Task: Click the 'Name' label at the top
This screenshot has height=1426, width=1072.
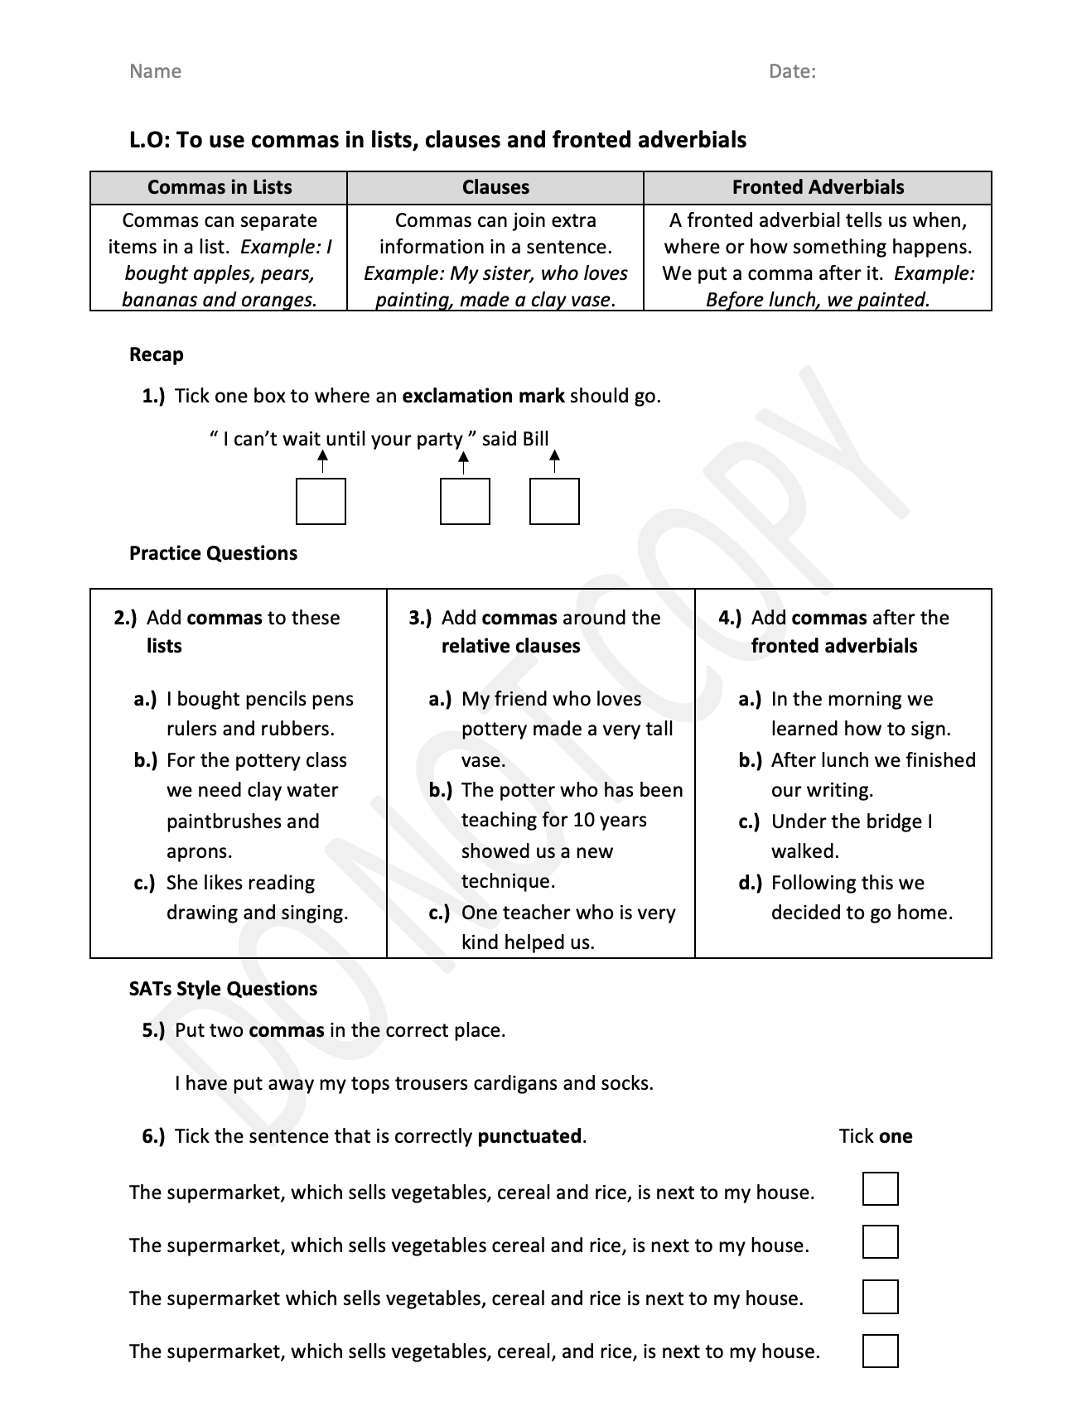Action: coord(155,71)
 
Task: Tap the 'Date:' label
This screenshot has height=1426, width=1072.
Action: coord(792,71)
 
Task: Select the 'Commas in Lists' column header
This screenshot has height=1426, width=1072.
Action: coord(220,187)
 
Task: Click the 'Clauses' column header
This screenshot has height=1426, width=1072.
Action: coord(495,187)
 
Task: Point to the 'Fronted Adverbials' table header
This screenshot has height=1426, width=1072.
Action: coord(818,187)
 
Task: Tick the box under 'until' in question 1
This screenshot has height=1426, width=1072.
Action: coord(321,501)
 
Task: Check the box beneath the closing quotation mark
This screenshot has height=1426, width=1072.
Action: coord(465,501)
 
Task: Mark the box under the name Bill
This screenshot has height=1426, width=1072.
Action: coord(554,501)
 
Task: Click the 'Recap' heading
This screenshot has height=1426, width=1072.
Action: coord(156,354)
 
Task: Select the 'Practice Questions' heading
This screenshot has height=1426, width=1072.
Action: coord(213,553)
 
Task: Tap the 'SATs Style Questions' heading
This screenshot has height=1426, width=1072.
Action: coord(223,989)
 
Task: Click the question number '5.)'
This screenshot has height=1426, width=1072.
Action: coord(153,1030)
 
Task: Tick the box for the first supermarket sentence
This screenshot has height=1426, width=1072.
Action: coord(880,1188)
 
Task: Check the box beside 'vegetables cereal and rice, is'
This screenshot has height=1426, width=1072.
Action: coord(880,1241)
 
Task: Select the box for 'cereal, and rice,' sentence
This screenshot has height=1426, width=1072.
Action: coord(880,1351)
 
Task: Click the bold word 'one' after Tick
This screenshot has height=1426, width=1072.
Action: coord(896,1136)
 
